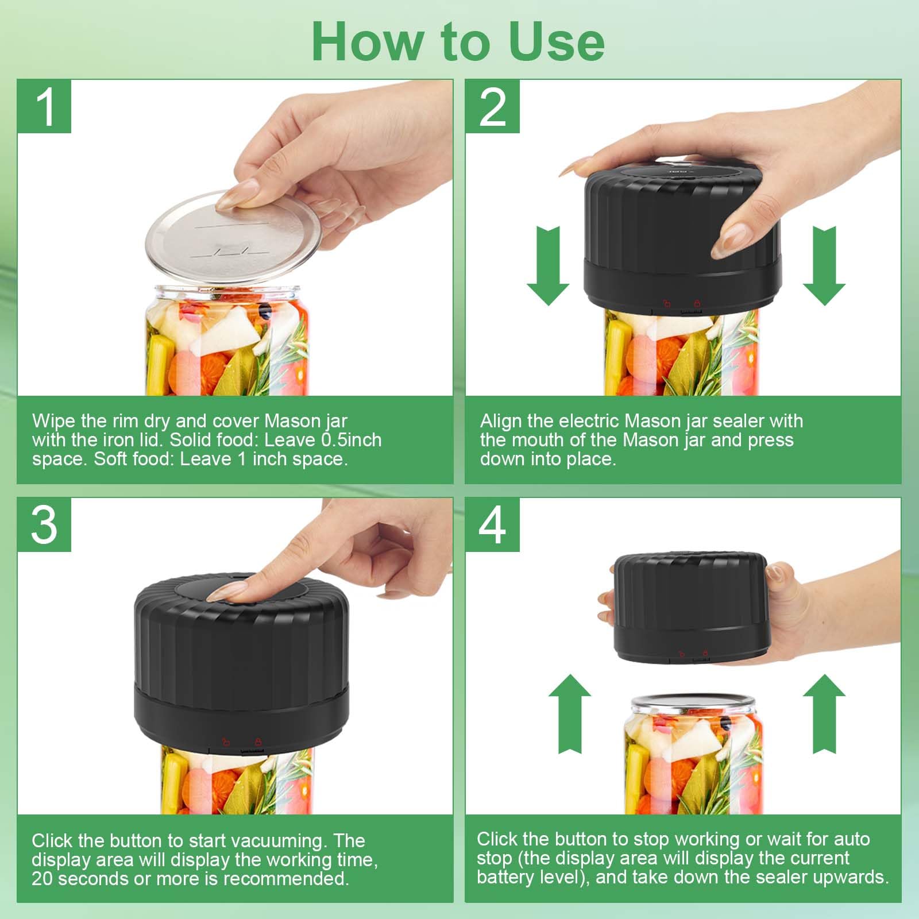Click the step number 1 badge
click(44, 107)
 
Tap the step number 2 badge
click(492, 107)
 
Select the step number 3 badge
click(44, 525)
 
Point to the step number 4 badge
click(492, 525)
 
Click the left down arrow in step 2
click(548, 265)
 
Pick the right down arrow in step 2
click(824, 265)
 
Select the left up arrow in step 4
click(570, 713)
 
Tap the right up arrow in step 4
click(824, 713)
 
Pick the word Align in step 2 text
click(500, 422)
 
